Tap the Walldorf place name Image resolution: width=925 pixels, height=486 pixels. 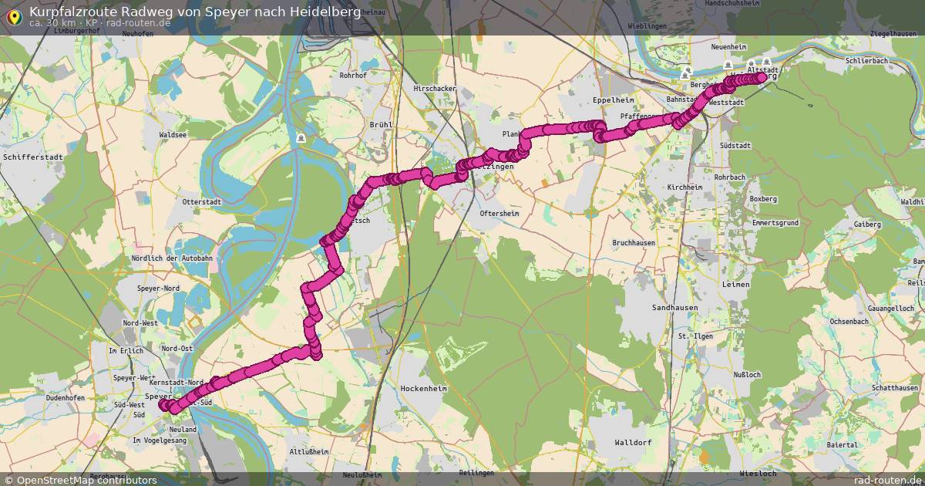[x=634, y=443]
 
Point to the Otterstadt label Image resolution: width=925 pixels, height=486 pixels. [x=202, y=201]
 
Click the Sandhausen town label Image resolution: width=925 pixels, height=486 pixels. [x=674, y=307]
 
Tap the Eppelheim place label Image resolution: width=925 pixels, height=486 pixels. [x=613, y=101]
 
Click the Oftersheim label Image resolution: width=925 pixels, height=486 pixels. [x=499, y=213]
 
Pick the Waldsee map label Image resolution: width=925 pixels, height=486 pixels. [x=172, y=134]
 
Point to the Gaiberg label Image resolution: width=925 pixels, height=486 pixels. [x=867, y=224]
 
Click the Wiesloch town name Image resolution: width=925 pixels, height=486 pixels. [x=757, y=472]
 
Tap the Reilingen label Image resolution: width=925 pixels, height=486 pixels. [x=475, y=472]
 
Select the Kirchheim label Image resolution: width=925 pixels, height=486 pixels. [x=685, y=187]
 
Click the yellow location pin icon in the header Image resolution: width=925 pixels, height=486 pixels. [x=14, y=17]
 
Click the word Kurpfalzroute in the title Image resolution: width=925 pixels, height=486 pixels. [x=74, y=12]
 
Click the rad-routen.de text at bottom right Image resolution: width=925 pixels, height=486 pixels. [x=887, y=480]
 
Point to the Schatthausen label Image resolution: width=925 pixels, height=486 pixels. [x=895, y=388]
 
